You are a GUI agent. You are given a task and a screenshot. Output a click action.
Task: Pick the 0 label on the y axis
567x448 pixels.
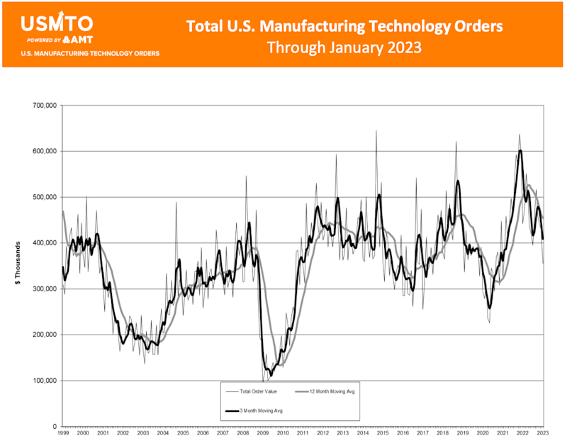(x=54, y=427)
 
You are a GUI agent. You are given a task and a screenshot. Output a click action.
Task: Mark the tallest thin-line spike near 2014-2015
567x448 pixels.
(x=376, y=131)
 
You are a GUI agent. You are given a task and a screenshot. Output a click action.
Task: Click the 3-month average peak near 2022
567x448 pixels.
(x=520, y=150)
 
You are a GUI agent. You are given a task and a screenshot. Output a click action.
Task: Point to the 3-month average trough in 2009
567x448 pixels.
(x=270, y=374)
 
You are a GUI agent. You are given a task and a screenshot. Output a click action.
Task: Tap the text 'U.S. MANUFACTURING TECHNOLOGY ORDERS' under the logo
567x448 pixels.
(x=90, y=53)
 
